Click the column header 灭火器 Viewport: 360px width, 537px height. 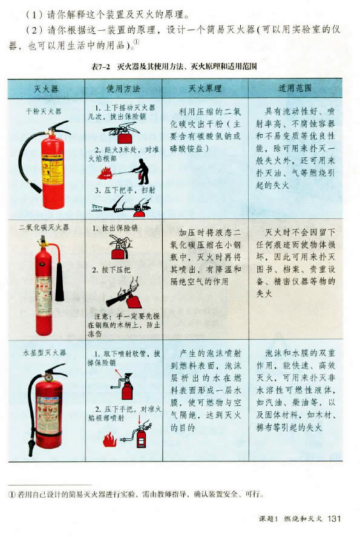pos(46,89)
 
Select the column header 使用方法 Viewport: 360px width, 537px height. pos(123,89)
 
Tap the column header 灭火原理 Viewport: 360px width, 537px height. pos(205,88)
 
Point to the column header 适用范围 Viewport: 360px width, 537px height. pos(295,88)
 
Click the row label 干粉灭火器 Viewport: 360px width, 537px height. pos(44,111)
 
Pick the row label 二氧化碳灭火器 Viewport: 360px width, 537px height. pos(44,227)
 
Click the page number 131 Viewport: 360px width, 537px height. pos(335,518)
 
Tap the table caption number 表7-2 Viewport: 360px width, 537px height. pos(100,67)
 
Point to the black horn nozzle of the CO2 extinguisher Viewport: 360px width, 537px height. pos(60,282)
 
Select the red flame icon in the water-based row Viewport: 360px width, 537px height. pos(110,439)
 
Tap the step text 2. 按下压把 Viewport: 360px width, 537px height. pos(111,270)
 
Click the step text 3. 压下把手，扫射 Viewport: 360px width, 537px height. pos(125,190)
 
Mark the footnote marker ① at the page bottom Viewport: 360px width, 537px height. pos(12,495)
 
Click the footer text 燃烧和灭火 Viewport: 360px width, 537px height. pos(303,518)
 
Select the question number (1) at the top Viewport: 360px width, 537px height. pos(34,15)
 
